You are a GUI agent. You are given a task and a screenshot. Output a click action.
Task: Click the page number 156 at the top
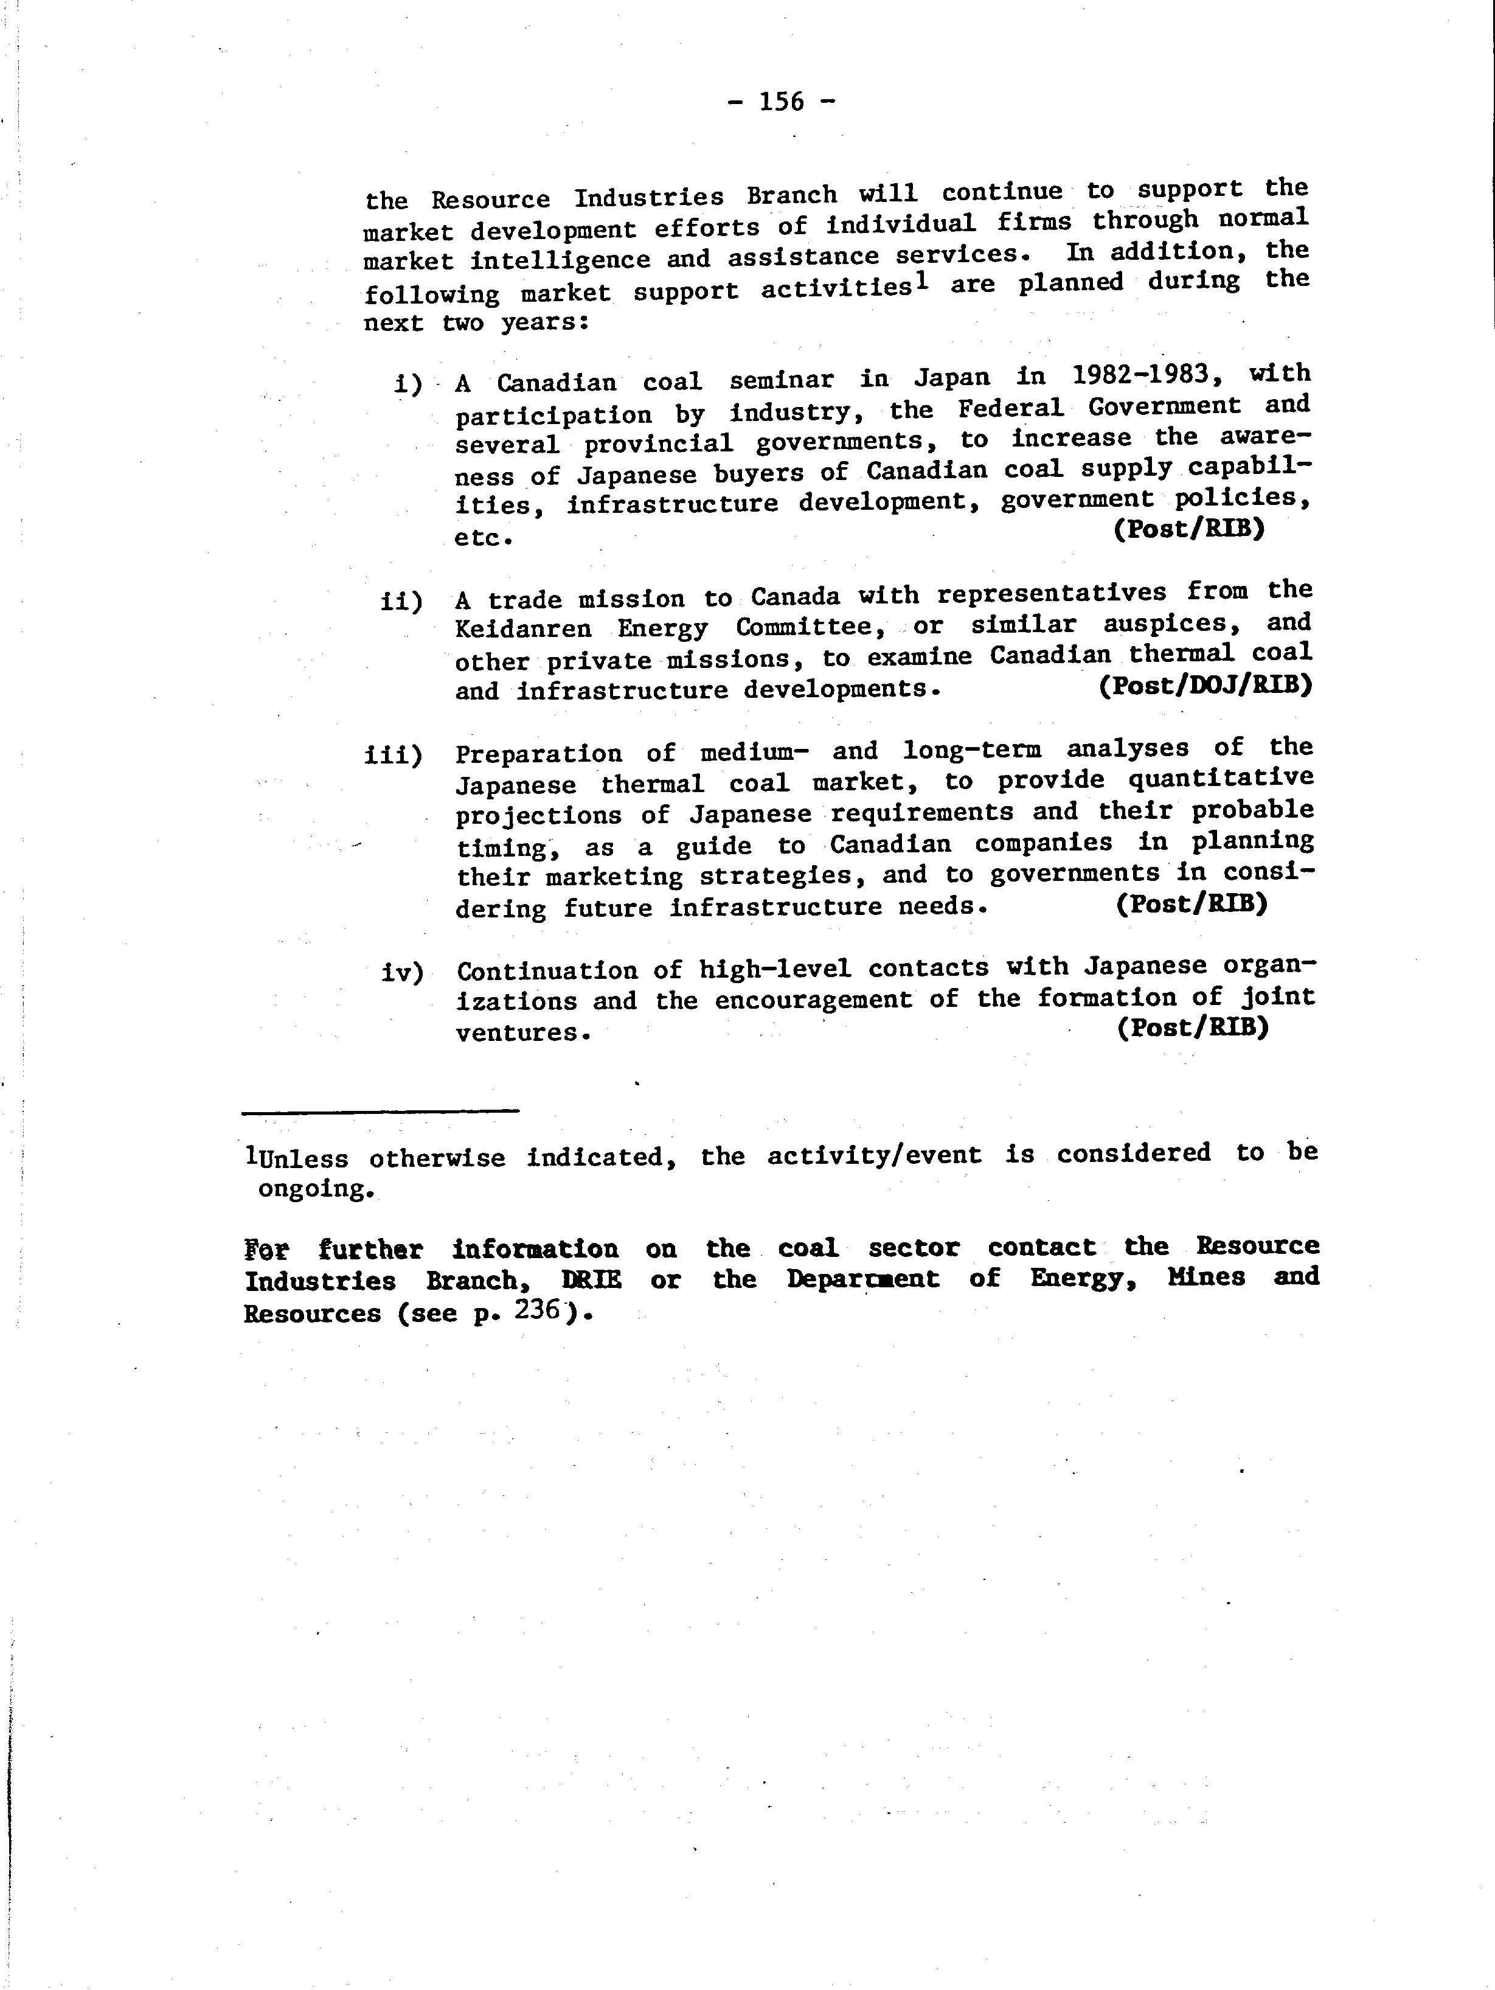pos(781,102)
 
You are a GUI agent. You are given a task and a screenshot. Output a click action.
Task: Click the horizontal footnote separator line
pos(381,1111)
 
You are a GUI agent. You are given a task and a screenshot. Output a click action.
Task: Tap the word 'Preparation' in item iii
pos(538,753)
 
